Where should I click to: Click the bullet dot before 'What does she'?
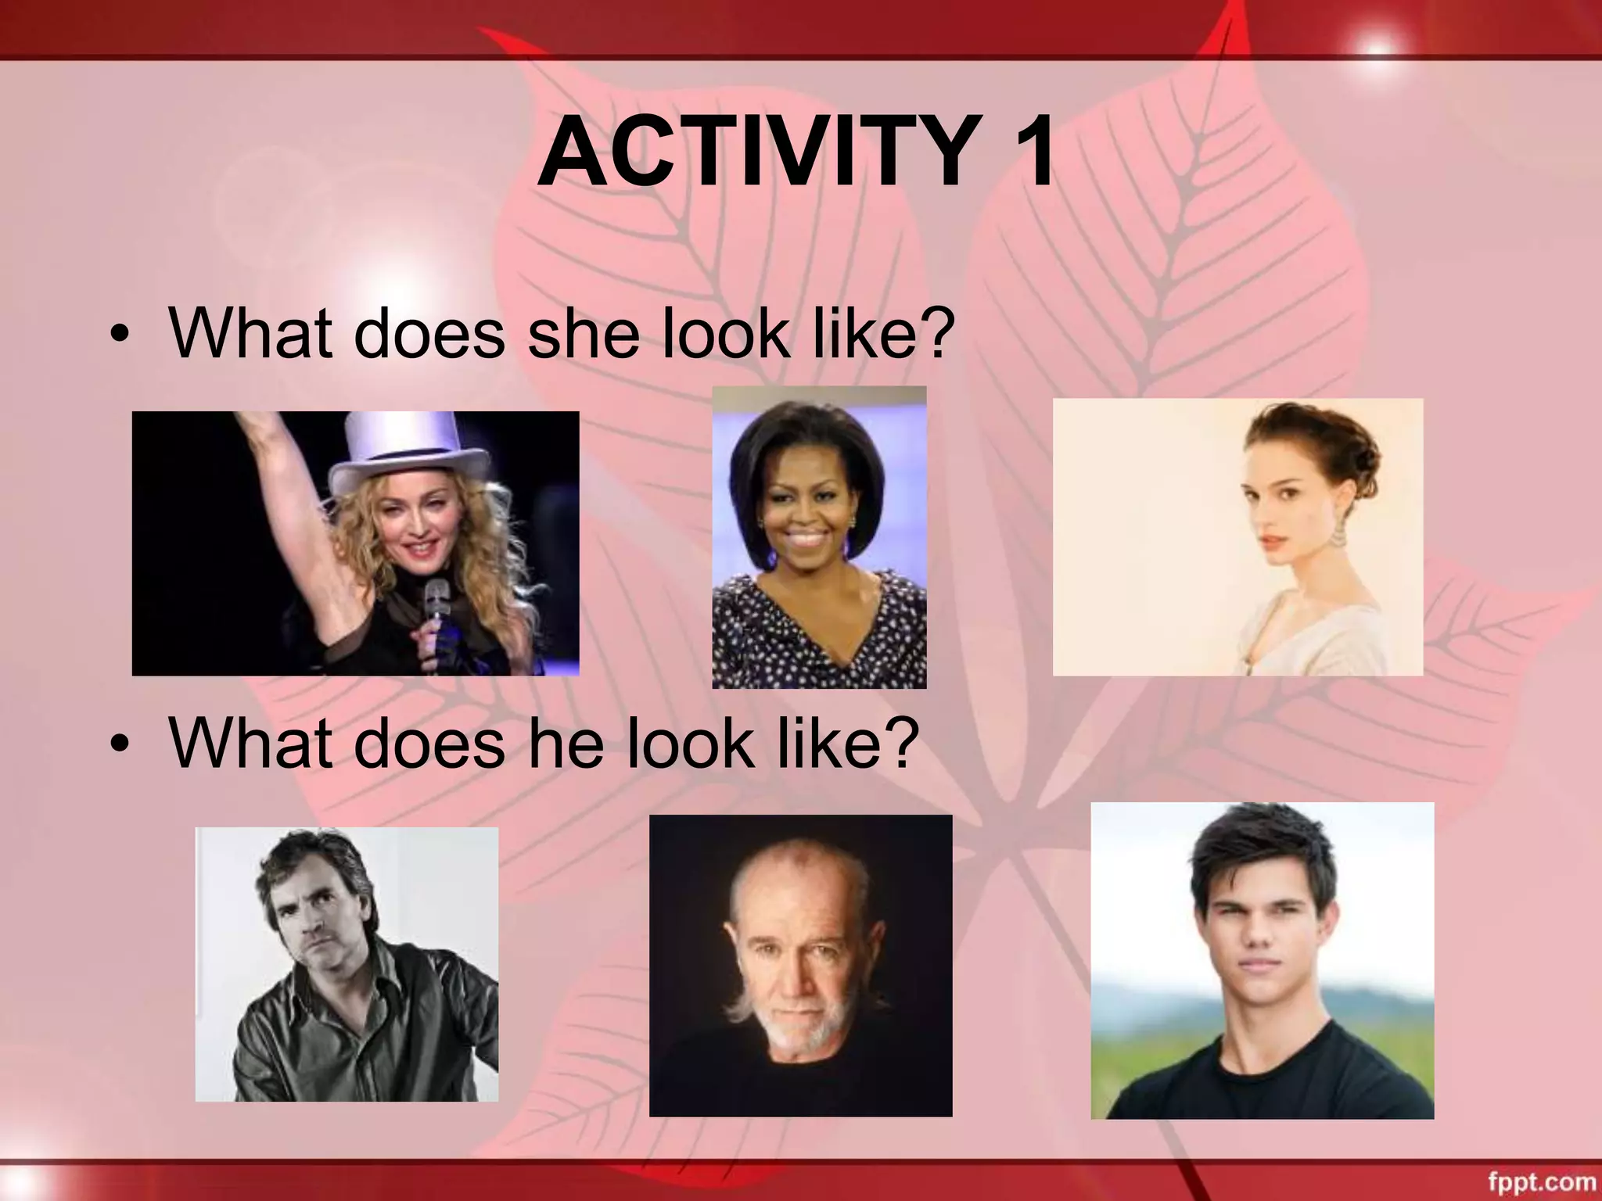pyautogui.click(x=119, y=335)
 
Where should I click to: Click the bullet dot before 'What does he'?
pyautogui.click(x=119, y=744)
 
